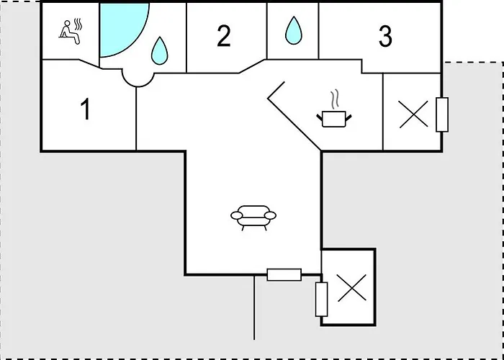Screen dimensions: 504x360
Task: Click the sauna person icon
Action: tap(70, 32)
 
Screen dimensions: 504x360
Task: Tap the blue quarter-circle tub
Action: tap(120, 27)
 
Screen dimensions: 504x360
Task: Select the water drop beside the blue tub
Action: tap(160, 51)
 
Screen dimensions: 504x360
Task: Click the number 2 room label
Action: tap(224, 36)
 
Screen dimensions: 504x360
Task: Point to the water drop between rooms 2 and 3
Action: tap(294, 30)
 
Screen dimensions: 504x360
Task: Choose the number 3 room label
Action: tap(385, 36)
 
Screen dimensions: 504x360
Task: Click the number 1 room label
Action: tap(86, 109)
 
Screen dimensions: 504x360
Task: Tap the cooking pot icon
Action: tap(333, 119)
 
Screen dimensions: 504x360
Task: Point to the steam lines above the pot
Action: tap(335, 99)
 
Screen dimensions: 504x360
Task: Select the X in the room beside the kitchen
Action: tap(414, 114)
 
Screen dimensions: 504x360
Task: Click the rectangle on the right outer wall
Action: tap(442, 114)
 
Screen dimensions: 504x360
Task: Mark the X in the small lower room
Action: tap(352, 288)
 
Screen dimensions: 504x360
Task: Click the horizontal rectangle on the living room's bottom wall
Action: tap(284, 275)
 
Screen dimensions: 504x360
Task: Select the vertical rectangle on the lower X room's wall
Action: tap(321, 300)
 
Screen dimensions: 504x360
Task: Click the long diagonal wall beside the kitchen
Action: tap(294, 125)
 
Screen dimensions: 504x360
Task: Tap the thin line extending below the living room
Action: tap(254, 307)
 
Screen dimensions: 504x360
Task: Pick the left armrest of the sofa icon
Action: tap(237, 215)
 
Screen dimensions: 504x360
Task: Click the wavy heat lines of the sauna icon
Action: tap(78, 24)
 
